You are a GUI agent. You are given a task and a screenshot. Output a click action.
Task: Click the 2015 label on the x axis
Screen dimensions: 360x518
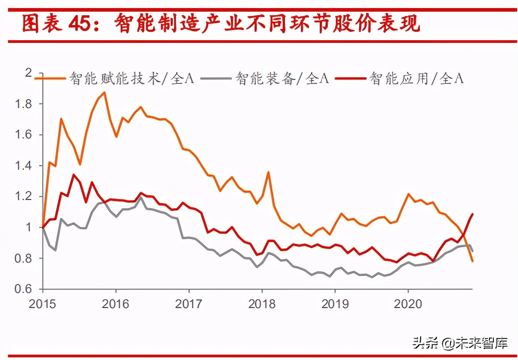click(43, 304)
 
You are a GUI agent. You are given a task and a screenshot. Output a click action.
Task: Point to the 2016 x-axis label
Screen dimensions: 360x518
click(116, 304)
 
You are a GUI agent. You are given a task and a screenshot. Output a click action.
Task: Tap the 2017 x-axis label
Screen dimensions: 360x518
click(189, 304)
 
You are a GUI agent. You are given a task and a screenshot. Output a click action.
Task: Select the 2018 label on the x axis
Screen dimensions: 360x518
click(262, 304)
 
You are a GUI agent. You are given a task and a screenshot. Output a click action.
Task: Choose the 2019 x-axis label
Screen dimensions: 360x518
click(335, 304)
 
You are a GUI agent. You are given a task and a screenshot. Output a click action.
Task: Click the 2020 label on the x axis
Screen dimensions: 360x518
click(408, 304)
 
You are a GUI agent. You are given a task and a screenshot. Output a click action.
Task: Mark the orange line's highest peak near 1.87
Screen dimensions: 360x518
click(104, 92)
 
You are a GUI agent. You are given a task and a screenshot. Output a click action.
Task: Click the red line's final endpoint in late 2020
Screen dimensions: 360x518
click(472, 214)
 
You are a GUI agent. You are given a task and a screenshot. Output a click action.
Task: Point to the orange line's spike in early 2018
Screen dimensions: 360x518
click(268, 172)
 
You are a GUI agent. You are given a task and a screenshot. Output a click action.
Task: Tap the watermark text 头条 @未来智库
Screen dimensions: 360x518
click(460, 343)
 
